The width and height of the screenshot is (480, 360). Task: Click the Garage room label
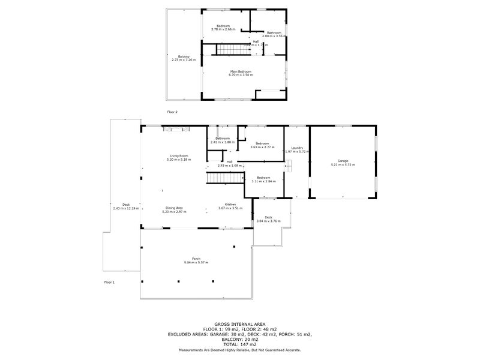[343, 161]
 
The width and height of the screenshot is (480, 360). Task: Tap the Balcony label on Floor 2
[183, 58]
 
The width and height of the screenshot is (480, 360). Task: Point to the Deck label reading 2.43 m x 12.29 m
[126, 206]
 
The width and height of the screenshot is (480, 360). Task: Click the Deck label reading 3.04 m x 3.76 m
[268, 219]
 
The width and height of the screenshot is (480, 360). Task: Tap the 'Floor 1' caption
[109, 282]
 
